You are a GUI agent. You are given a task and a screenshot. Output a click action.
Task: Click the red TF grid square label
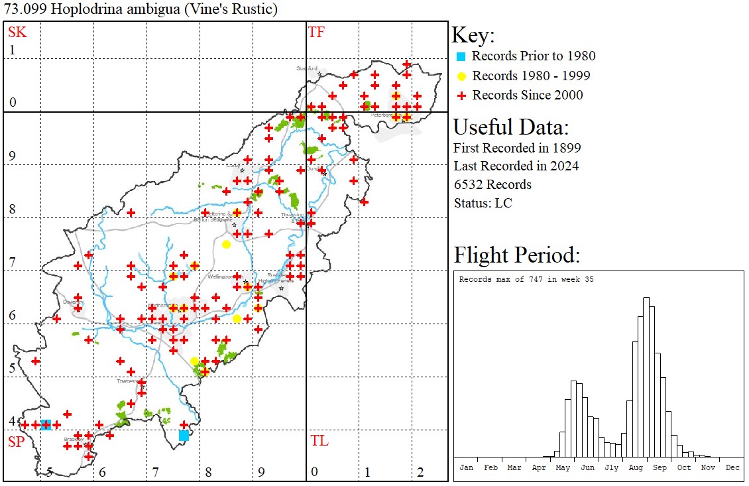coord(316,32)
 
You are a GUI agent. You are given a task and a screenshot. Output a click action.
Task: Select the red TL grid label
coord(319,441)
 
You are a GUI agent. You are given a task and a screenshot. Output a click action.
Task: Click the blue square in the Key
coord(461,56)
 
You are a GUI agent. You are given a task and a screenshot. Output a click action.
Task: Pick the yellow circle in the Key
coord(461,76)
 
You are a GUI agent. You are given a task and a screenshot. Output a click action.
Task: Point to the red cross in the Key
coord(461,95)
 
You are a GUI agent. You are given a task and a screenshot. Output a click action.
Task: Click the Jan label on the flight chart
coord(466,467)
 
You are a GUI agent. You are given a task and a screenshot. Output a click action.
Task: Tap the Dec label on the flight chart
coord(732,467)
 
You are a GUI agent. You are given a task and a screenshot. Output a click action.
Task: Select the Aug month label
coord(636,467)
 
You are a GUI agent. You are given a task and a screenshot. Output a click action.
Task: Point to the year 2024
coord(564,166)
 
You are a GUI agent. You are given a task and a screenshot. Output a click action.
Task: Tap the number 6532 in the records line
coord(469,184)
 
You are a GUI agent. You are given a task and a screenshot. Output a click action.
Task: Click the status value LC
coord(504,203)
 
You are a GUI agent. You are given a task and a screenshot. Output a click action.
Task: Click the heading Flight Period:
coord(517,255)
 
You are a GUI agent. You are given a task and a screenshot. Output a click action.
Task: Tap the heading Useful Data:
coord(510,127)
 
